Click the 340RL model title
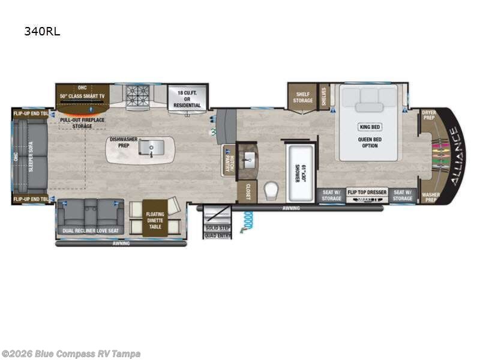point(42,31)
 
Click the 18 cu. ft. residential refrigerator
point(187,97)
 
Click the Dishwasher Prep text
point(123,143)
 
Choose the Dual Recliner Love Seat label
point(90,230)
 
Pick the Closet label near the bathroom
point(247,191)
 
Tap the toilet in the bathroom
point(271,189)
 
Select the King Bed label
point(369,127)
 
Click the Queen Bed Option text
point(369,142)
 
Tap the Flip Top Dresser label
point(367,192)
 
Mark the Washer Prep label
point(430,197)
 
